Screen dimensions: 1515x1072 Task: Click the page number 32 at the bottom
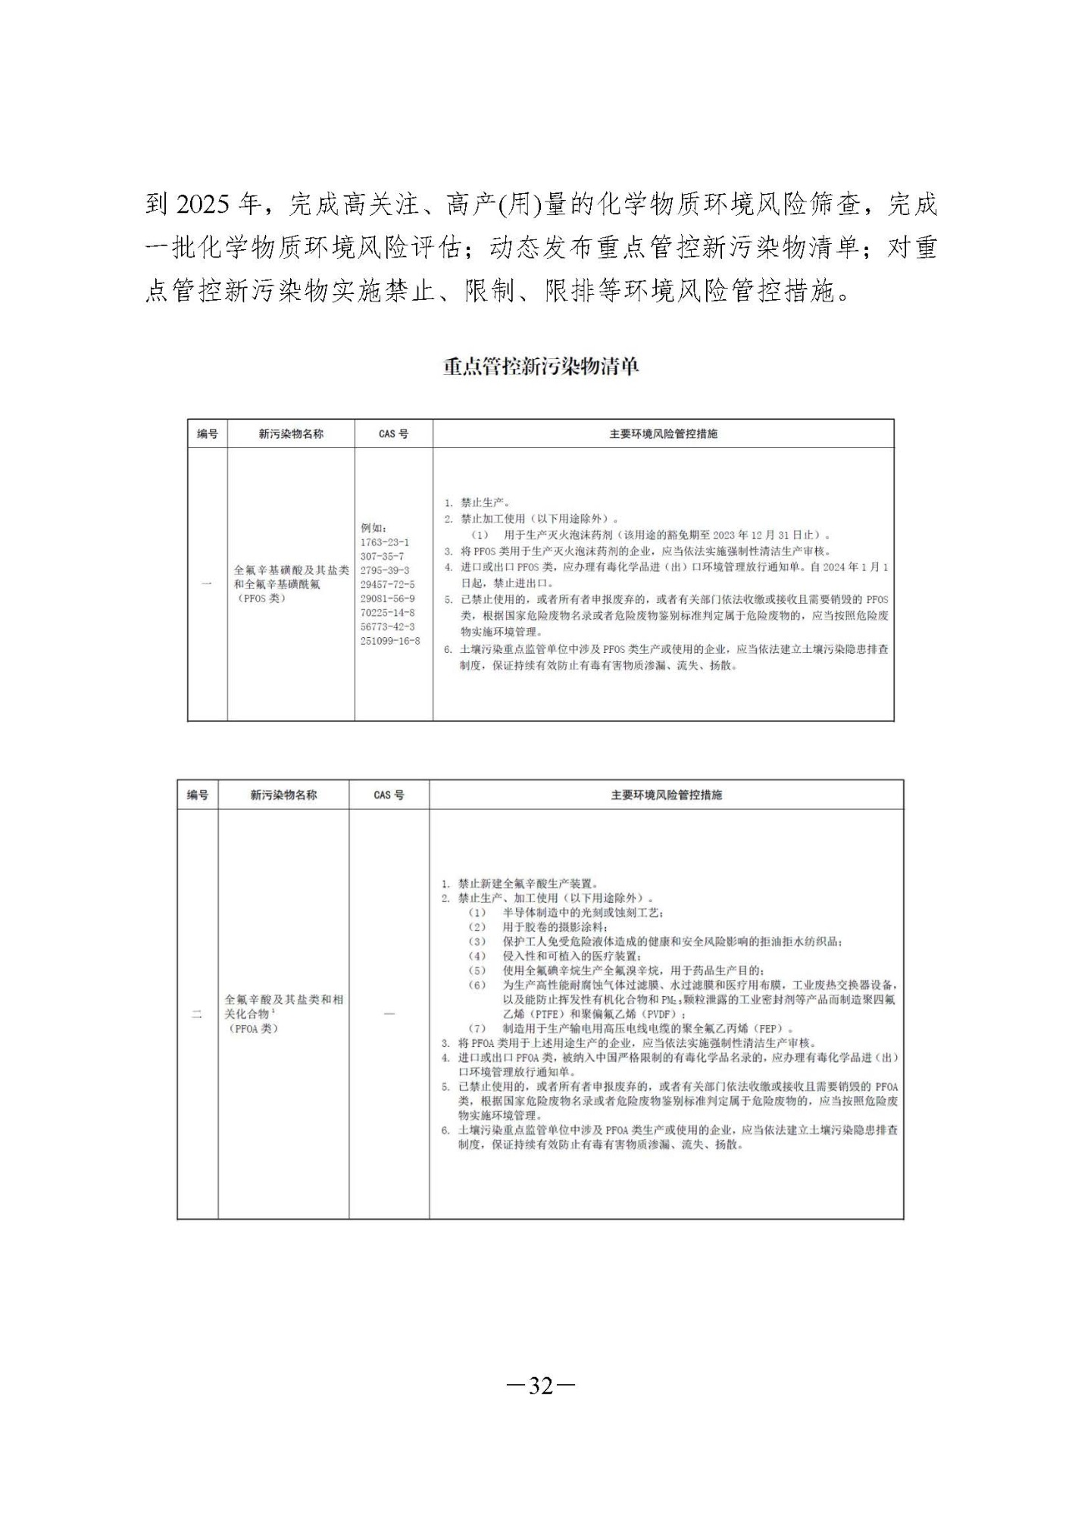tap(541, 1386)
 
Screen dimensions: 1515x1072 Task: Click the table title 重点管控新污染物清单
tap(541, 367)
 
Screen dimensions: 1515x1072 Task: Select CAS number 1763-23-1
tap(384, 542)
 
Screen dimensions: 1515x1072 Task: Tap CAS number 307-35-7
tap(382, 556)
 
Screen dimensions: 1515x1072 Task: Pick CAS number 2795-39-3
tap(384, 570)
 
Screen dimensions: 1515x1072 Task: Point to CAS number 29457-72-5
tap(387, 584)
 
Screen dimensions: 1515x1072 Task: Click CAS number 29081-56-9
tap(387, 598)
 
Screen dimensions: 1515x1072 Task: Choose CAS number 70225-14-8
tap(387, 612)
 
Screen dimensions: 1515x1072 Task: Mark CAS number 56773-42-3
tap(387, 626)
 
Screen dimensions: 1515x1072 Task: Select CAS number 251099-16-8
tap(390, 641)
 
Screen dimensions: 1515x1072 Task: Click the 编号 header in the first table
tap(207, 434)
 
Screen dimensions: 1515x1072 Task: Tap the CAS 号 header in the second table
tap(389, 795)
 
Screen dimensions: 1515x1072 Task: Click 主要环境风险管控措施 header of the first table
tap(663, 434)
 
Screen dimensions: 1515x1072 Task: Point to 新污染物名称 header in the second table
tap(283, 795)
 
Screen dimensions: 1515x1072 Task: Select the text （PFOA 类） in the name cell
tap(252, 1029)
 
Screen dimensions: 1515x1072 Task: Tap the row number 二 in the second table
tap(197, 1014)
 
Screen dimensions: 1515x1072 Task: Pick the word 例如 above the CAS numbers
tap(373, 528)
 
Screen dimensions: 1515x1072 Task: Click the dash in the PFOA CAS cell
tap(389, 1014)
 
